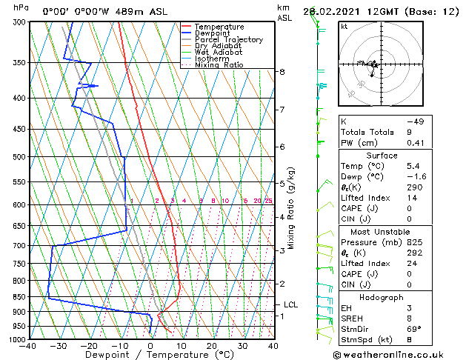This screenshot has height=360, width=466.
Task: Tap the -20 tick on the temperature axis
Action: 89,345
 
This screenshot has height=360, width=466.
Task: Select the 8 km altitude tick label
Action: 282,72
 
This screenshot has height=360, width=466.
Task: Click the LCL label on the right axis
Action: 290,304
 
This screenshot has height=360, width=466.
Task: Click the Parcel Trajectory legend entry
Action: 228,40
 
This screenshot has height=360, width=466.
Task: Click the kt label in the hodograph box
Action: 344,27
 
